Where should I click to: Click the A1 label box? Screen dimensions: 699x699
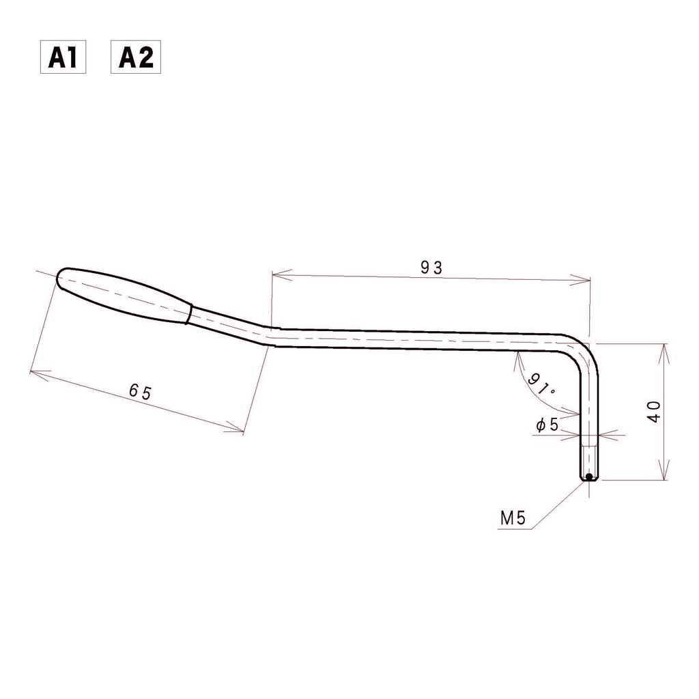point(63,57)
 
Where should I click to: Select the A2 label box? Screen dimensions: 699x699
point(136,57)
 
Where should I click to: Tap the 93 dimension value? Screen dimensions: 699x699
point(431,268)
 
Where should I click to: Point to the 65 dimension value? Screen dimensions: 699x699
point(141,391)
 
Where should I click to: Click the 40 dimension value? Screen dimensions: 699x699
point(655,412)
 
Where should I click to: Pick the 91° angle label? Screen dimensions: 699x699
point(541,385)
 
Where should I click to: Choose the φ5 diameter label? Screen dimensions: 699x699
point(547,425)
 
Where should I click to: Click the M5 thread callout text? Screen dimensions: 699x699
point(513,518)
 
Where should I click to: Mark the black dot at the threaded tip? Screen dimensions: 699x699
point(589,477)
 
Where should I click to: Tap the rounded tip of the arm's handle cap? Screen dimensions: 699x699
point(59,278)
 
